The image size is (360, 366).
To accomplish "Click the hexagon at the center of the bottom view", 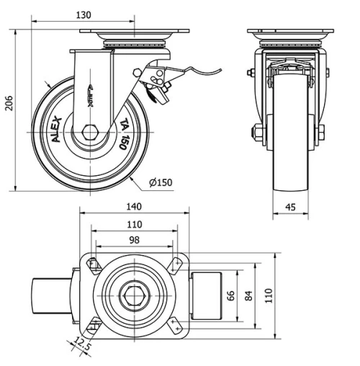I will (134, 295).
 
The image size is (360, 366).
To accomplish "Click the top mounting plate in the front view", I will (290, 33).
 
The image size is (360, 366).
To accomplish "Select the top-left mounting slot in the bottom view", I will (94, 267).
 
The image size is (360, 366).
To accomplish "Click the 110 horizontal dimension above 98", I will (134, 224).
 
